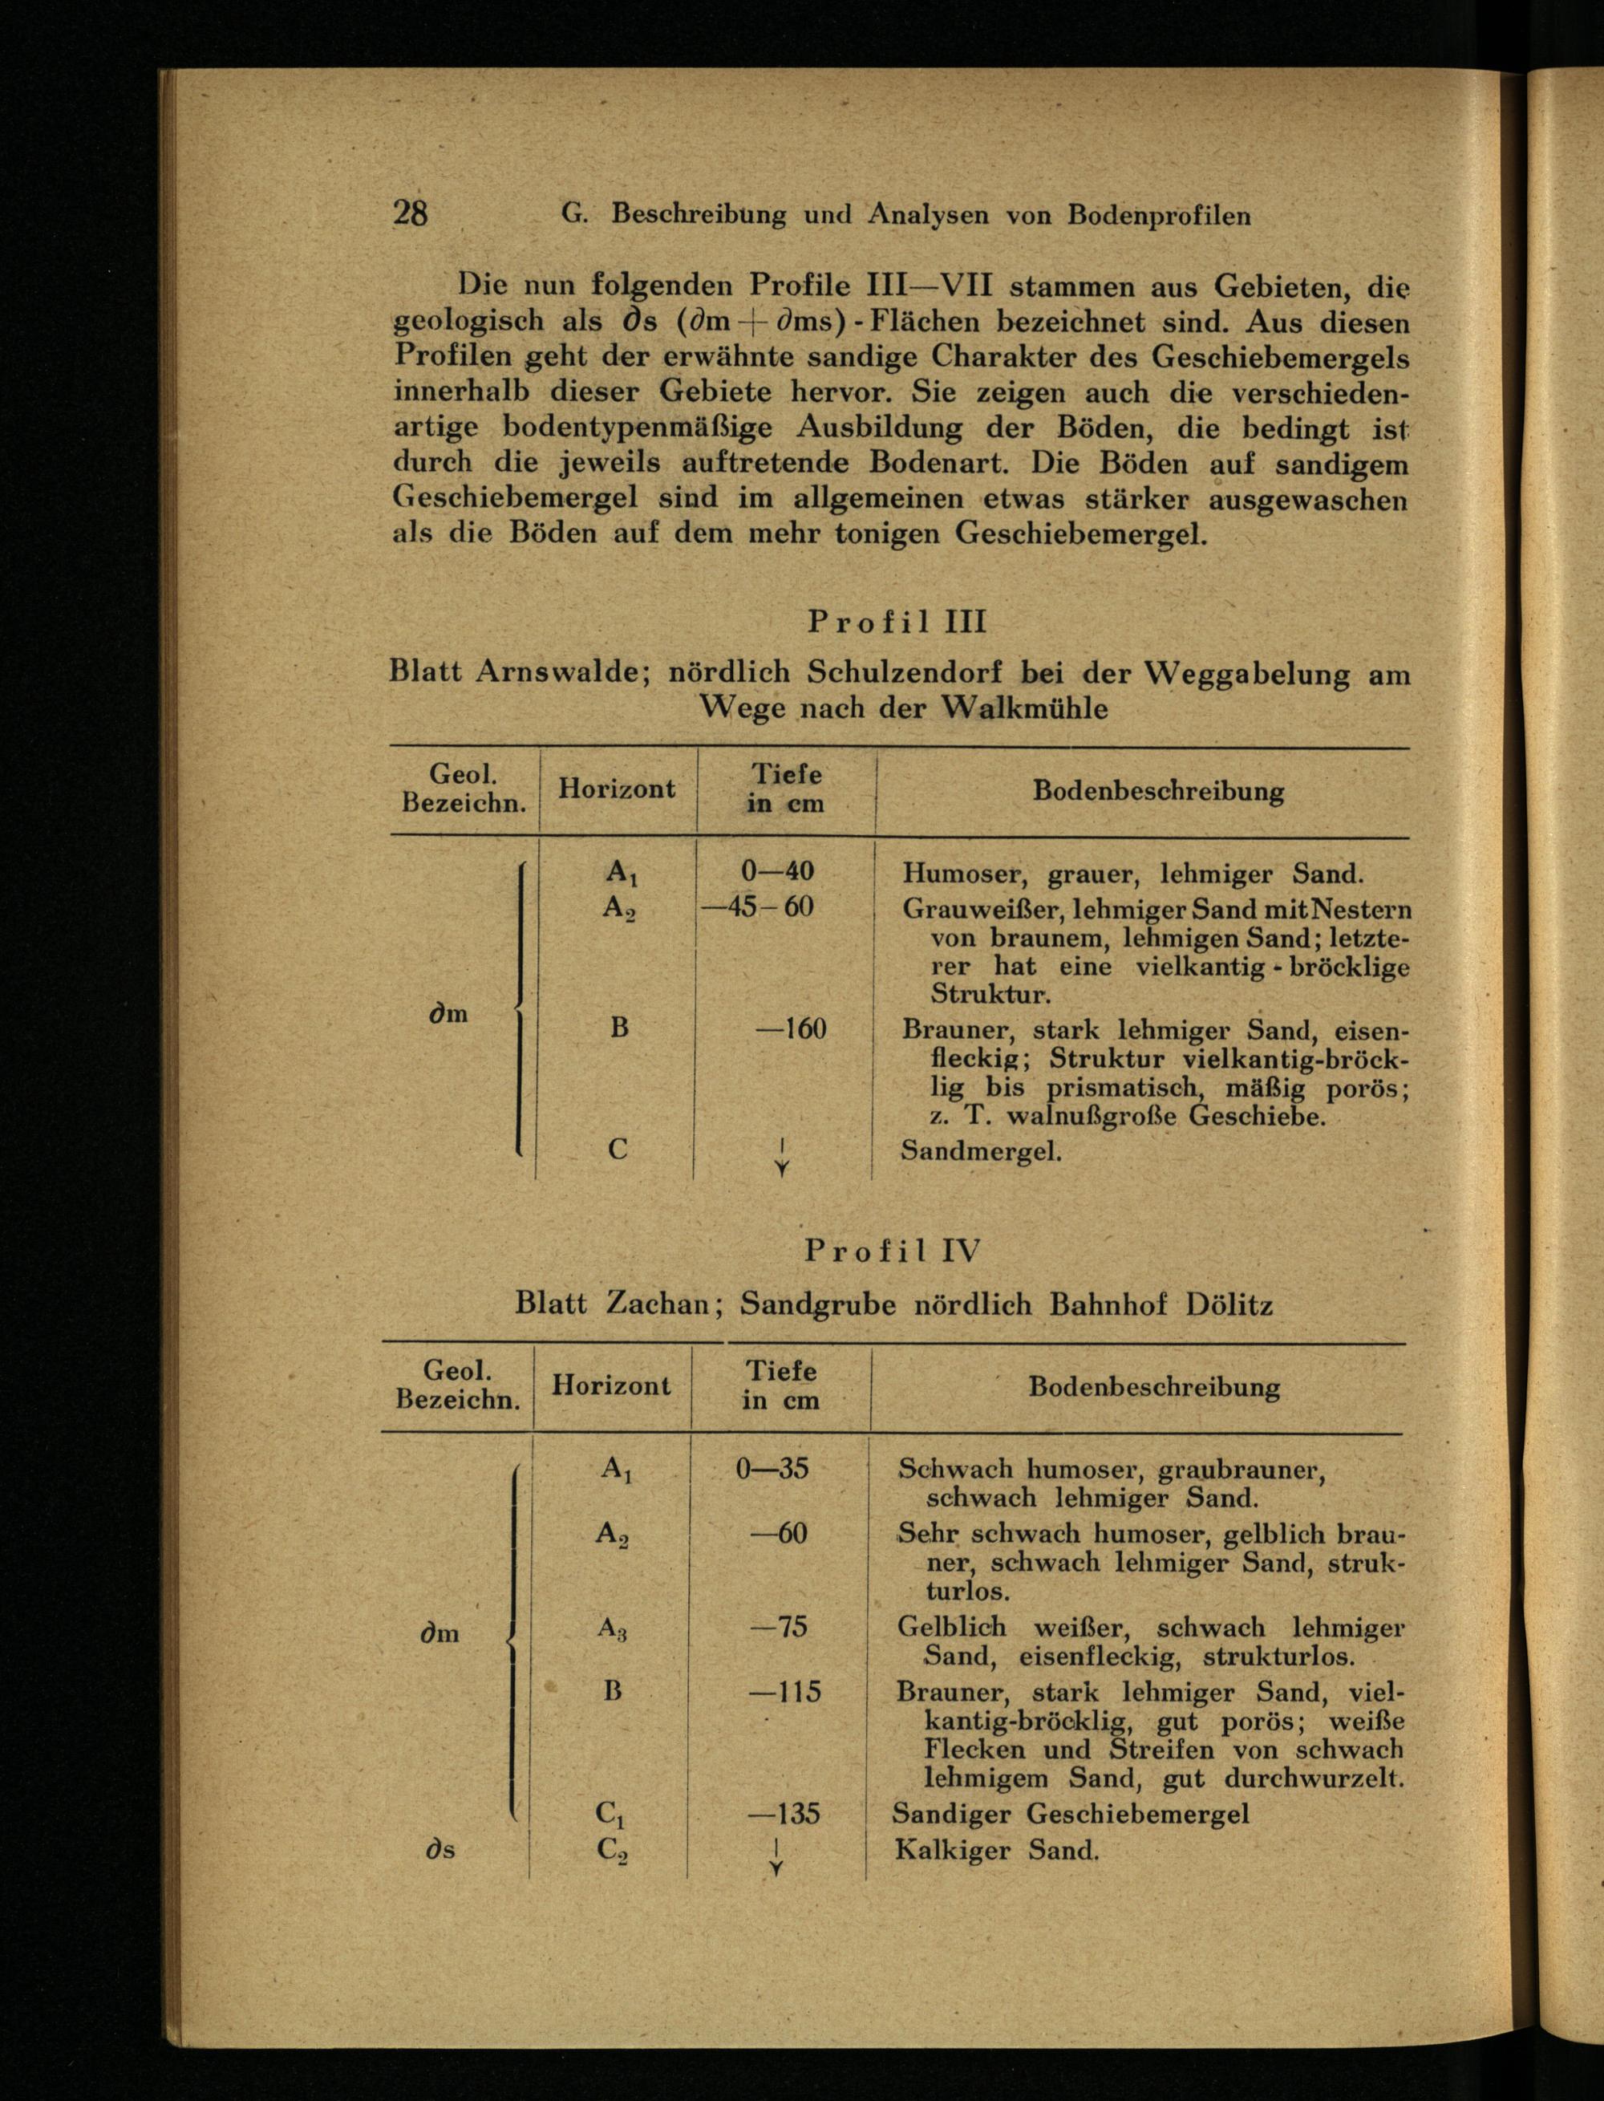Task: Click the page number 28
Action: tap(410, 212)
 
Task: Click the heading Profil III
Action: tap(897, 623)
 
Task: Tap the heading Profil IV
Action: tap(892, 1251)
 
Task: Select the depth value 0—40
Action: tap(777, 871)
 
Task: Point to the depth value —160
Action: tap(791, 1028)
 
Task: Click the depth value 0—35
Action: tap(772, 1468)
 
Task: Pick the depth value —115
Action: tap(785, 1692)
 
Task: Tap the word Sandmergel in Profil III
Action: tap(982, 1150)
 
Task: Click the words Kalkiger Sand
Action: tap(997, 1850)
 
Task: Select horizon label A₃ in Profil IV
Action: tap(612, 1628)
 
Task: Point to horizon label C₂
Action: tap(612, 1852)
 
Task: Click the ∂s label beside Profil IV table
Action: tap(440, 1850)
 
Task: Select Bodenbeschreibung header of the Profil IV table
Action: tap(1153, 1387)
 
